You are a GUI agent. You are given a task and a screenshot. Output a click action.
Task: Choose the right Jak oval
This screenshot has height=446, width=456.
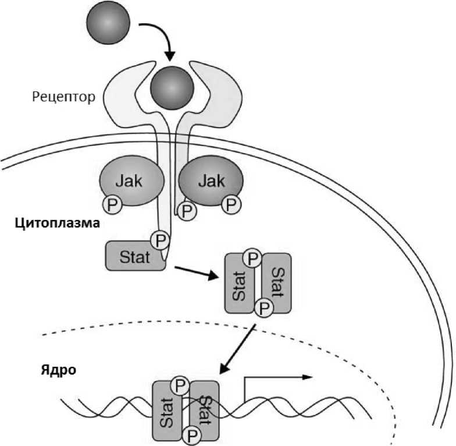[210, 182]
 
